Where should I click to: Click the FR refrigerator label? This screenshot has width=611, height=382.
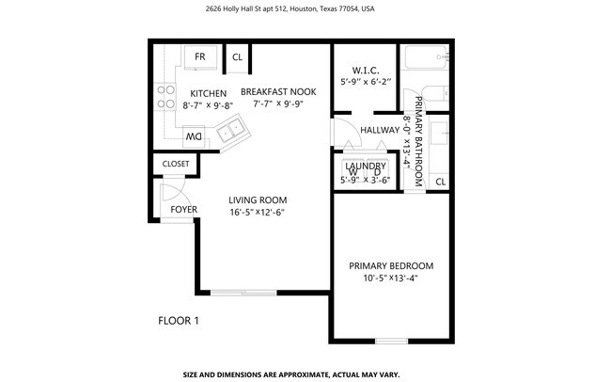pos(200,57)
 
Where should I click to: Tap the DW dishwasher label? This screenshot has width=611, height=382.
pos(193,136)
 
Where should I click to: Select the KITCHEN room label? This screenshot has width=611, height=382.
pos(208,93)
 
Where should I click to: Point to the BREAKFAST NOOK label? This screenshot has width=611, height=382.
pos(278,91)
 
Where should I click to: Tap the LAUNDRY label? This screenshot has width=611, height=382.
pos(366,167)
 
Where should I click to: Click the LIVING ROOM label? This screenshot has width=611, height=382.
pos(258,199)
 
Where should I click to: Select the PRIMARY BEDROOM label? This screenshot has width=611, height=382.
pos(391,265)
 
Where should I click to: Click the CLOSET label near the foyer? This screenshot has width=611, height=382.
pos(176,164)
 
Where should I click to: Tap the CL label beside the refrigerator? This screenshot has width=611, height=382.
pos(238,56)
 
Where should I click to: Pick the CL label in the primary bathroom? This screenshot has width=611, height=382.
pos(440,182)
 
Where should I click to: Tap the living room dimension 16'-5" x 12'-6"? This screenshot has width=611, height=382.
pos(257,213)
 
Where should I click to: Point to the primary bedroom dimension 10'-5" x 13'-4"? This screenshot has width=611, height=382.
pos(390,278)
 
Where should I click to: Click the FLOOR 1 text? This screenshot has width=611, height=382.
pos(178,321)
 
